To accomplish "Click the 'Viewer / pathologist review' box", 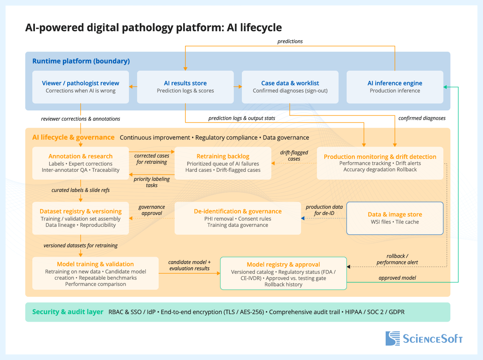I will (81, 87).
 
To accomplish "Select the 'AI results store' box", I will (185, 87).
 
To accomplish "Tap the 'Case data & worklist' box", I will (290, 87).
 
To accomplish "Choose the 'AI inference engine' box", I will (395, 87).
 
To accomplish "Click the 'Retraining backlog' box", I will (223, 163).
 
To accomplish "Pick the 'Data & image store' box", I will (395, 218).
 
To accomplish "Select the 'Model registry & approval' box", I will (283, 273).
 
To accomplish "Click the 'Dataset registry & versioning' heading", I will (81, 211).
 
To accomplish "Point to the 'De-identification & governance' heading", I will (238, 211).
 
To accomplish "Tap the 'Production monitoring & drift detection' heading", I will (380, 157).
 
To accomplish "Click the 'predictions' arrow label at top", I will (290, 41).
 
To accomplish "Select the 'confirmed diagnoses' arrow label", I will (422, 118).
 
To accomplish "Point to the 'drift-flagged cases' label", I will (294, 155).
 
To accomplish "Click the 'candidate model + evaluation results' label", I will (189, 265).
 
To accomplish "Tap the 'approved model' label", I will (397, 278).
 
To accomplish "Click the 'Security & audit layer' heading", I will (68, 312).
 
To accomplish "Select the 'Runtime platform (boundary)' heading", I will (81, 61).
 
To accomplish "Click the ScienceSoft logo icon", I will (393, 338).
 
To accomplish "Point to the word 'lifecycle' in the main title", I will (260, 28).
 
